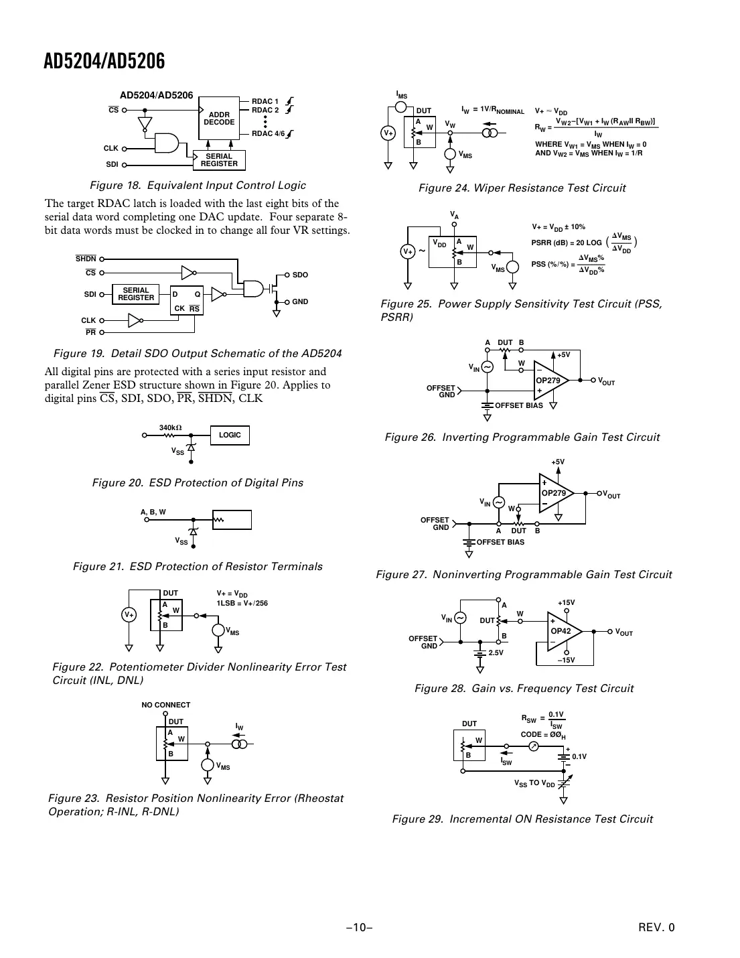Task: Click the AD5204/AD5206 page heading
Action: [x=104, y=62]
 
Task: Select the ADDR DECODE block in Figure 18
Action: [x=219, y=119]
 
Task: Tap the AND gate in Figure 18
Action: [x=167, y=143]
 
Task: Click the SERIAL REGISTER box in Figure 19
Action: [x=136, y=294]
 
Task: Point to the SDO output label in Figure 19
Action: [x=300, y=275]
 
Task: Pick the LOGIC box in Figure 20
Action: [x=230, y=435]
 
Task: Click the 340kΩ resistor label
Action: [x=171, y=427]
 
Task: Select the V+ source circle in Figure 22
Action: [x=129, y=614]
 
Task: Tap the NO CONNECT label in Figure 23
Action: [x=165, y=705]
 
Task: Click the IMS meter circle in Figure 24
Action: [x=401, y=107]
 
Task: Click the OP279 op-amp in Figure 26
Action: [x=550, y=381]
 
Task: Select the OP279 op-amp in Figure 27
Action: [x=554, y=493]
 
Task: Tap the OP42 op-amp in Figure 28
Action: [x=562, y=631]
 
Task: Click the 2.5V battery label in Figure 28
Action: [x=496, y=653]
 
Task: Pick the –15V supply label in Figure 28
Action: [x=567, y=660]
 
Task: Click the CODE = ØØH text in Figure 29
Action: [x=543, y=735]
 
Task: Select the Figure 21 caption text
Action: [x=198, y=567]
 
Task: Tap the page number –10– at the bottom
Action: [x=359, y=928]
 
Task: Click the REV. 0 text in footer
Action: [x=656, y=928]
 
